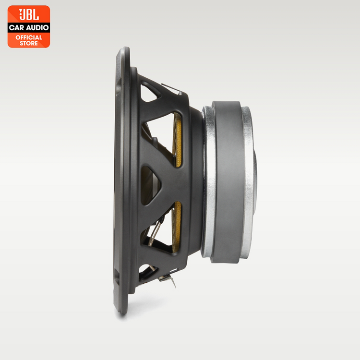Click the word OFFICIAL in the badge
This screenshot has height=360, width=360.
click(29, 37)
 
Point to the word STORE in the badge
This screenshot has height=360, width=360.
click(29, 43)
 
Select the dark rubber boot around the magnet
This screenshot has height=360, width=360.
click(228, 180)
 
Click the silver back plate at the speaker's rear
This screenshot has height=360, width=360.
click(247, 180)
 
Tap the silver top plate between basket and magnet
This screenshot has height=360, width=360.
click(208, 180)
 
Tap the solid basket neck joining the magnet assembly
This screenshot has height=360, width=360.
click(194, 180)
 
